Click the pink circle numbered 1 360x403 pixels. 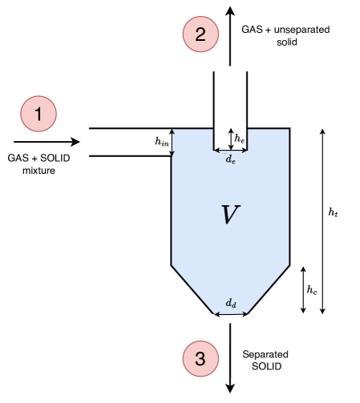pos(38,114)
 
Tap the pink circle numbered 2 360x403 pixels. pos(200,34)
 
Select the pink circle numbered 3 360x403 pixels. pos(200,359)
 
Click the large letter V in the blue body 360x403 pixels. pos(230,215)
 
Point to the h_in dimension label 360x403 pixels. pos(162,142)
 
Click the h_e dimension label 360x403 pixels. pos(239,138)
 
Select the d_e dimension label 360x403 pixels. pos(230,159)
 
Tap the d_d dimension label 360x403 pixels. pos(230,303)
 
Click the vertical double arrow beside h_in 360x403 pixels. pos(172,142)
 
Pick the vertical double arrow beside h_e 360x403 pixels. pos(231,139)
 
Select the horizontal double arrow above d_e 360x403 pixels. pos(230,149)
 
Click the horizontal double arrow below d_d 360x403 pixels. pos(230,313)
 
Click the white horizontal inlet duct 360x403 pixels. pos(128,142)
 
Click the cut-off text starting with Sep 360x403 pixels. pos(252,353)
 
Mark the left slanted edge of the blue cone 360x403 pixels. pos(193,288)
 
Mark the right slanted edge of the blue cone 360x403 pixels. pos(268,288)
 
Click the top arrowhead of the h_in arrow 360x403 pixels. pos(172,132)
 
